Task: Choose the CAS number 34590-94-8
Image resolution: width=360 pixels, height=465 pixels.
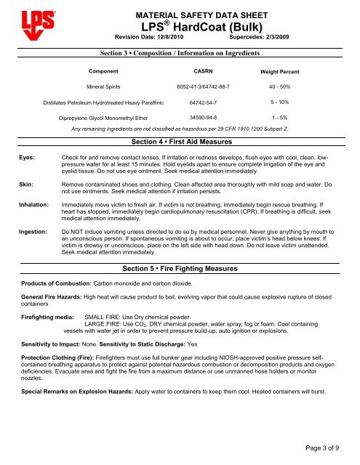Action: pos(200,116)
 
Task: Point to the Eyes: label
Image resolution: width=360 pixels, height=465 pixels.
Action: pos(20,157)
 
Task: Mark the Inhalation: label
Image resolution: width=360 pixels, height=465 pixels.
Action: pos(27,206)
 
